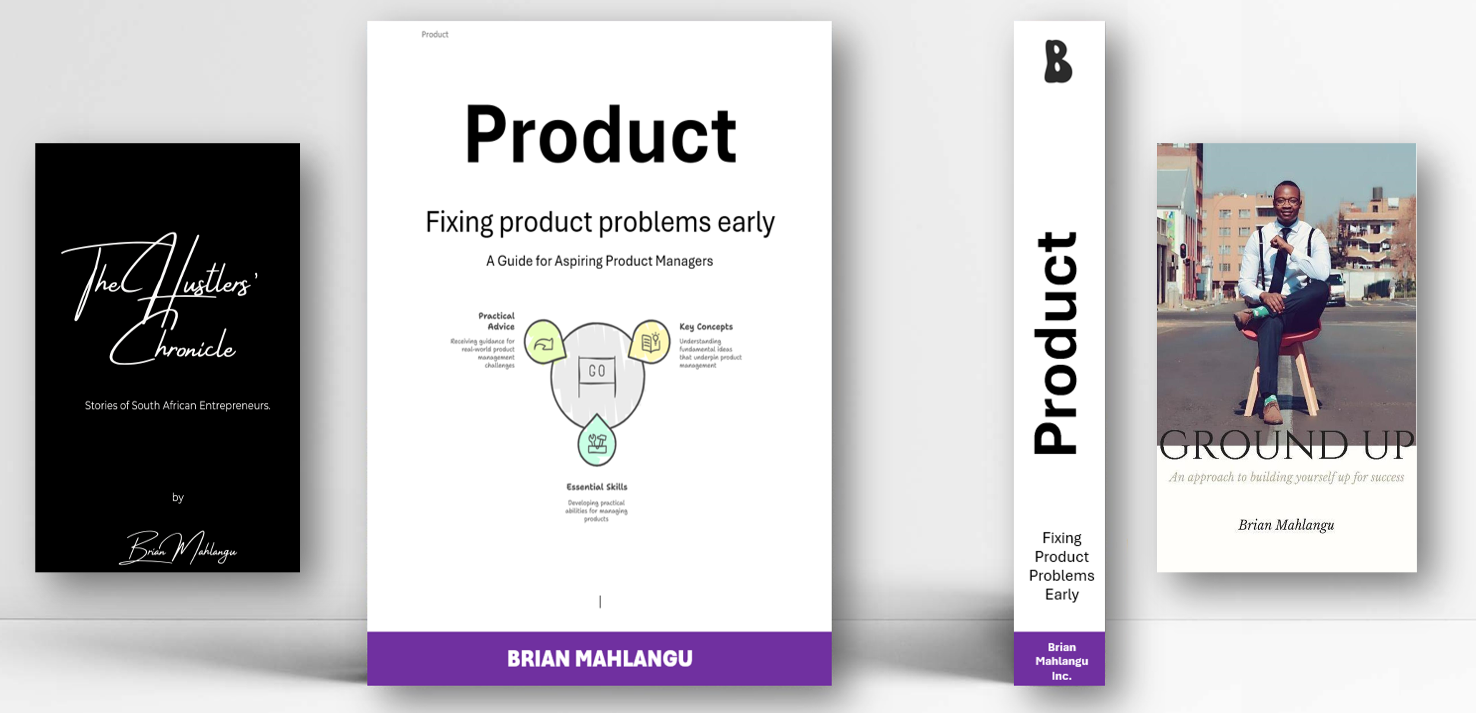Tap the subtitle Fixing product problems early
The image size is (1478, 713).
tap(599, 222)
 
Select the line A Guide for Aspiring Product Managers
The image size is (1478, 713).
tap(599, 261)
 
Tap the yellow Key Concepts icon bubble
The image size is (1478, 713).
tap(650, 342)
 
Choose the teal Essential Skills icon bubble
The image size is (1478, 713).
tap(597, 443)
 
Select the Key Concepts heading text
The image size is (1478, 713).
tap(706, 327)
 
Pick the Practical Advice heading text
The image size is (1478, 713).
tap(497, 321)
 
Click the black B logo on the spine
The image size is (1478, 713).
tap(1058, 61)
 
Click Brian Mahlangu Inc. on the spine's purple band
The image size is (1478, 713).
tap(1062, 661)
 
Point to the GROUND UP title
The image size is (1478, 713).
tap(1286, 445)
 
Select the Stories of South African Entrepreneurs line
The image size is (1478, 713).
tap(177, 406)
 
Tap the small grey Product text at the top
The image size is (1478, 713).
tap(435, 35)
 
